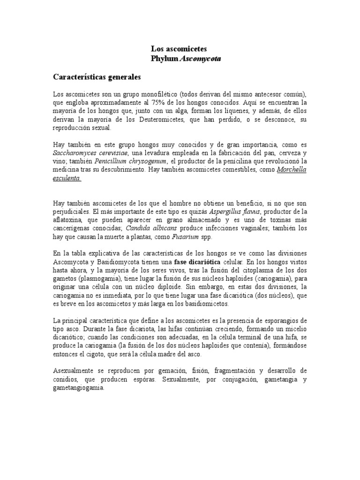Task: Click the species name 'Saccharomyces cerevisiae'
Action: (89, 153)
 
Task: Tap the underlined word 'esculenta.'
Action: (67, 178)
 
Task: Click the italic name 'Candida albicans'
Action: (152, 229)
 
